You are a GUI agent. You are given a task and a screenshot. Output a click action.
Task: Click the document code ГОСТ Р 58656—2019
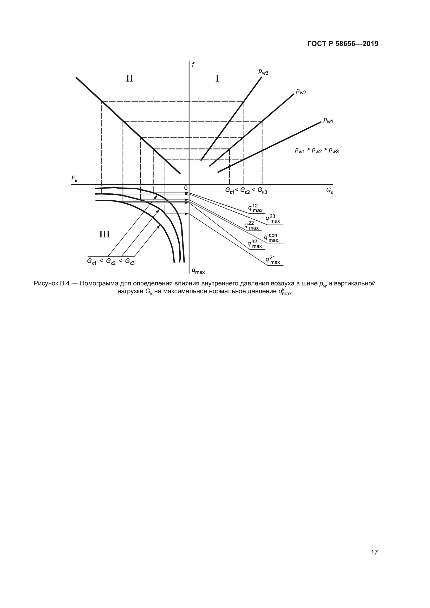pos(343,44)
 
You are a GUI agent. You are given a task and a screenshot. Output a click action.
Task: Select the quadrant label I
pos(217,79)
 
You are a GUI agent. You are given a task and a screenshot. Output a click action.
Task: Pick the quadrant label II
pos(129,79)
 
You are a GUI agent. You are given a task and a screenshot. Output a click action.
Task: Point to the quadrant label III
pos(104,234)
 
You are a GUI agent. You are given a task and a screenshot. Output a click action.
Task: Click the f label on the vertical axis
pos(193,65)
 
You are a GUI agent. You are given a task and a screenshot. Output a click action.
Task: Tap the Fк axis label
pos(74,179)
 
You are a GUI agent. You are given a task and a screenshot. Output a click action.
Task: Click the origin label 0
pos(186,188)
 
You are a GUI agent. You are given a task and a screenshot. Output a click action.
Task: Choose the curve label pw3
pos(263,72)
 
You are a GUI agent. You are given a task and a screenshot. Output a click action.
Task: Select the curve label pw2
pos(301,91)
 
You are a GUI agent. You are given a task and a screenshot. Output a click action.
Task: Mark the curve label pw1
pos(328,121)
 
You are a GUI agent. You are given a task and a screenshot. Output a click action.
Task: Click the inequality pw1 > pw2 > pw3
pos(317,151)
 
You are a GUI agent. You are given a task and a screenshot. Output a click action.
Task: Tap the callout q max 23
pos(273,219)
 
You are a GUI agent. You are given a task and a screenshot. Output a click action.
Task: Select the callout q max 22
pos(252,226)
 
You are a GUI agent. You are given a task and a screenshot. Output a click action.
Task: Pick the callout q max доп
pos(271,238)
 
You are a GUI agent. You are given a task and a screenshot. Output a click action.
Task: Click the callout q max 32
pos(255,244)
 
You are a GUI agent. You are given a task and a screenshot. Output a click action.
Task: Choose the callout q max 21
pos(273,260)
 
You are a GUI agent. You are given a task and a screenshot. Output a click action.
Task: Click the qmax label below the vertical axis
pos(198,271)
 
